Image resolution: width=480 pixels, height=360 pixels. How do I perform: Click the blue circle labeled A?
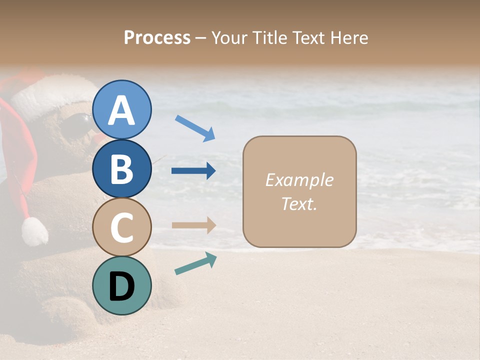(121, 110)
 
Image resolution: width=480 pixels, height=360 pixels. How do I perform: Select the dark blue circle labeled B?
(121, 168)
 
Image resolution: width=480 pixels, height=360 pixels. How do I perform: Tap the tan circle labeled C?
(121, 227)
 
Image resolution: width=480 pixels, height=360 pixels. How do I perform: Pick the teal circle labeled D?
(121, 285)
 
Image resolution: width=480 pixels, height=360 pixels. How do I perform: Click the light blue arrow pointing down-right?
(195, 128)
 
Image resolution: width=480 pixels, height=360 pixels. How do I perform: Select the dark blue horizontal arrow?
(193, 171)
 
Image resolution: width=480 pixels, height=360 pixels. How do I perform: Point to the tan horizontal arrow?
(193, 225)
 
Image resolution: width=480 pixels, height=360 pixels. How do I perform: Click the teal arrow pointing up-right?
(195, 263)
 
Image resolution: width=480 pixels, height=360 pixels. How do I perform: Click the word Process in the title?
(157, 37)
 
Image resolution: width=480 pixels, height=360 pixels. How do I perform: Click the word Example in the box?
(299, 180)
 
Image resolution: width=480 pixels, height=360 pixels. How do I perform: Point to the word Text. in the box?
(299, 203)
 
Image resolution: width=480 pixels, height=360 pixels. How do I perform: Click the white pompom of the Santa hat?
(34, 231)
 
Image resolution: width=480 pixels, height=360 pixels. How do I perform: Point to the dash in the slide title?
(201, 38)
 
